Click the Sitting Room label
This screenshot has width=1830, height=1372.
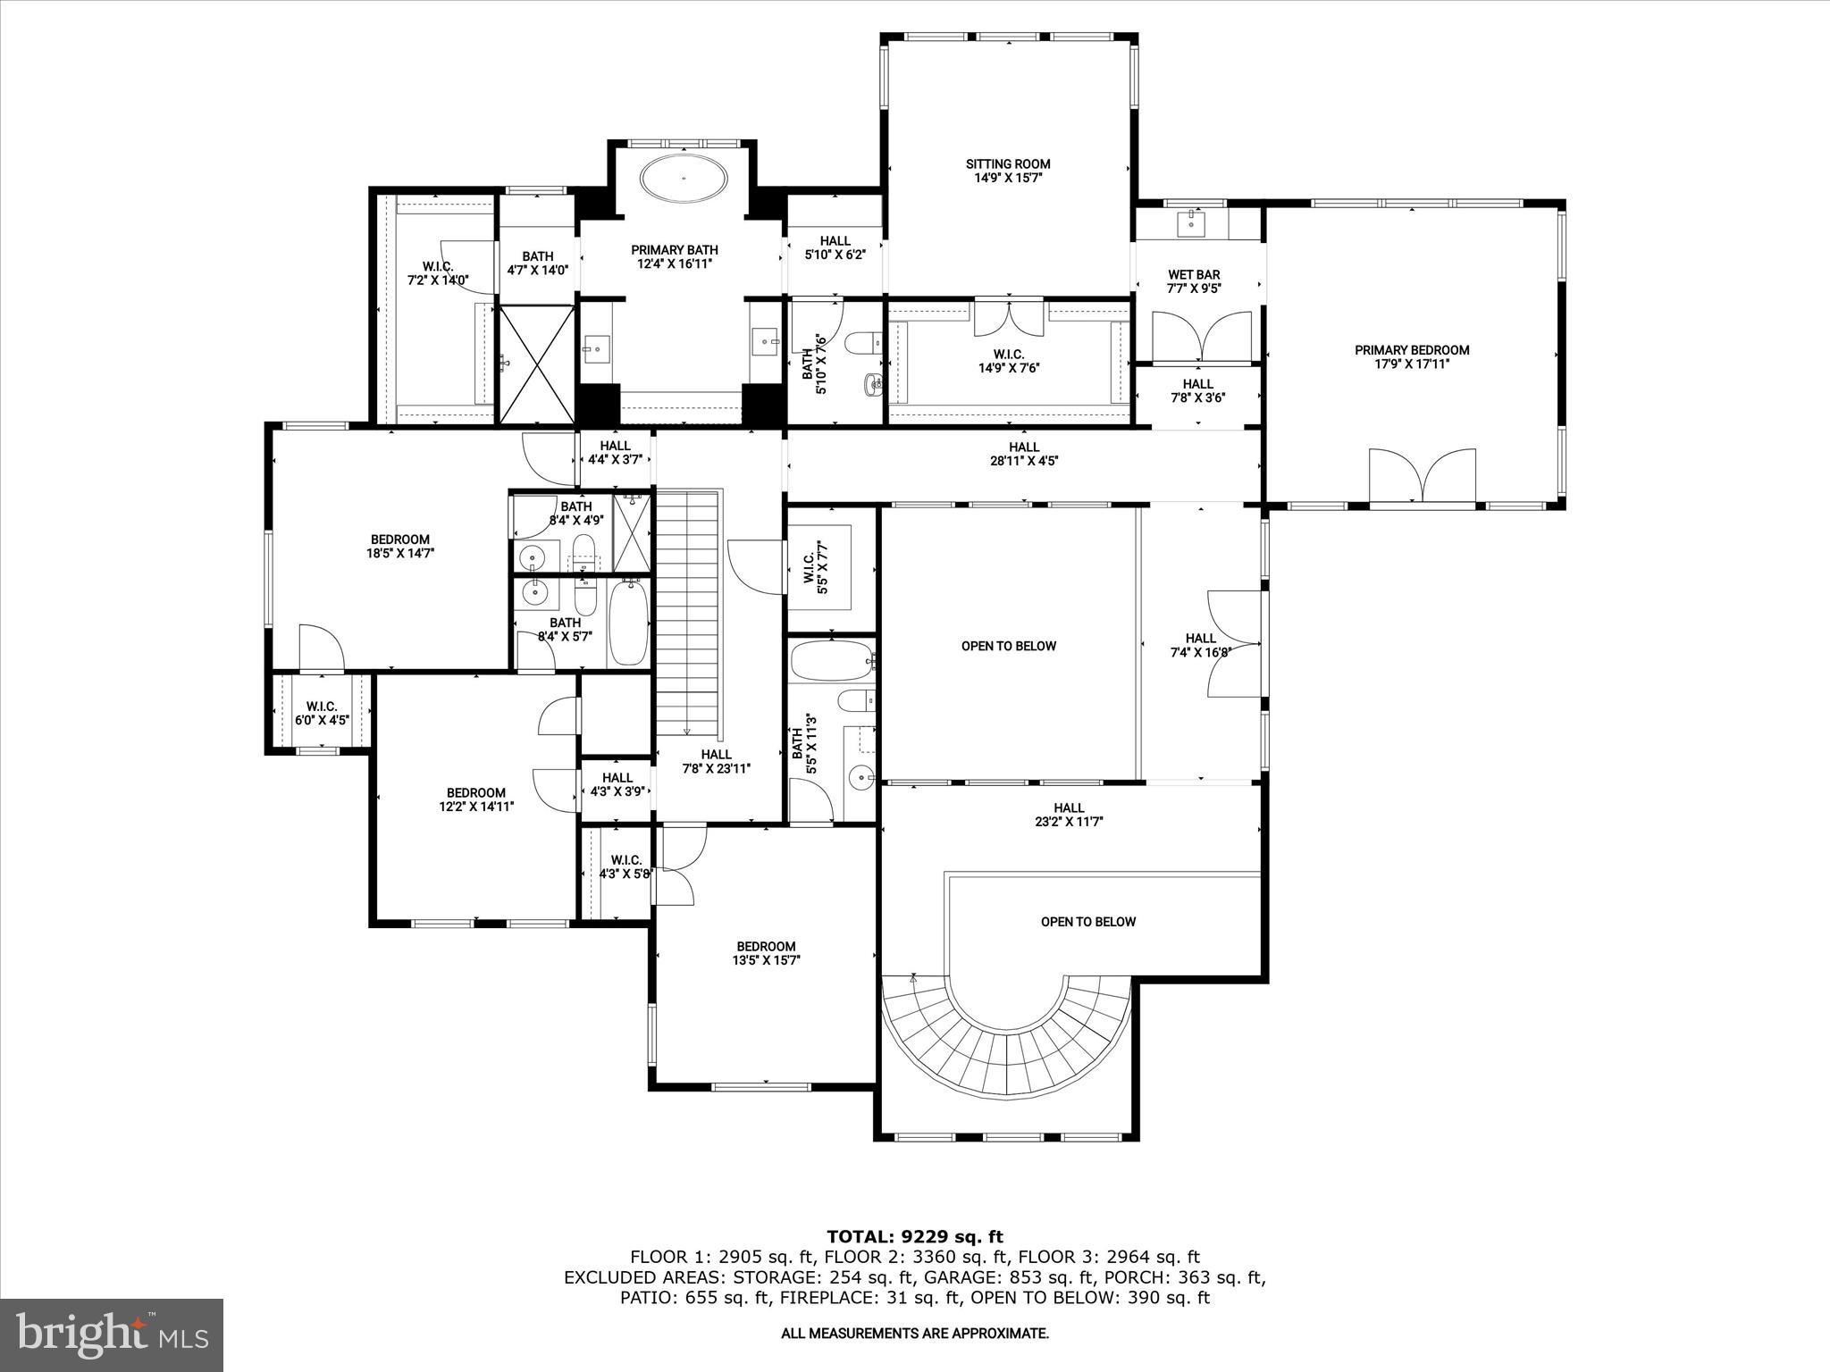point(1008,171)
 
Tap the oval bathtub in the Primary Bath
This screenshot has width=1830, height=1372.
point(683,179)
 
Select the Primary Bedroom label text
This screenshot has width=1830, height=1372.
point(1412,356)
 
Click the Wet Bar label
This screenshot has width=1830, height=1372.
point(1194,281)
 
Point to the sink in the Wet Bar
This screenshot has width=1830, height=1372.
point(1194,222)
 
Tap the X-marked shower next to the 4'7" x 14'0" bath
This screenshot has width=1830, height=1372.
point(536,363)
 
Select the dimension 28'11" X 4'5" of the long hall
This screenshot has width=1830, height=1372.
point(1024,461)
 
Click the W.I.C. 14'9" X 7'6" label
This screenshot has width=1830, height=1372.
point(1008,361)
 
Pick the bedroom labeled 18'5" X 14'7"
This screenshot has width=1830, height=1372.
point(400,546)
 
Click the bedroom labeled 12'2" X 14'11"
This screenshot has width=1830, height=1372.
point(476,799)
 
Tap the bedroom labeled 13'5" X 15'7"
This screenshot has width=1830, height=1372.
point(766,953)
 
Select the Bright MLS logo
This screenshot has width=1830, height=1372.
point(112,1334)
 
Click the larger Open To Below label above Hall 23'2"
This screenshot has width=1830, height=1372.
point(1008,646)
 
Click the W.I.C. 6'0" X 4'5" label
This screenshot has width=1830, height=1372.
point(321,713)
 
